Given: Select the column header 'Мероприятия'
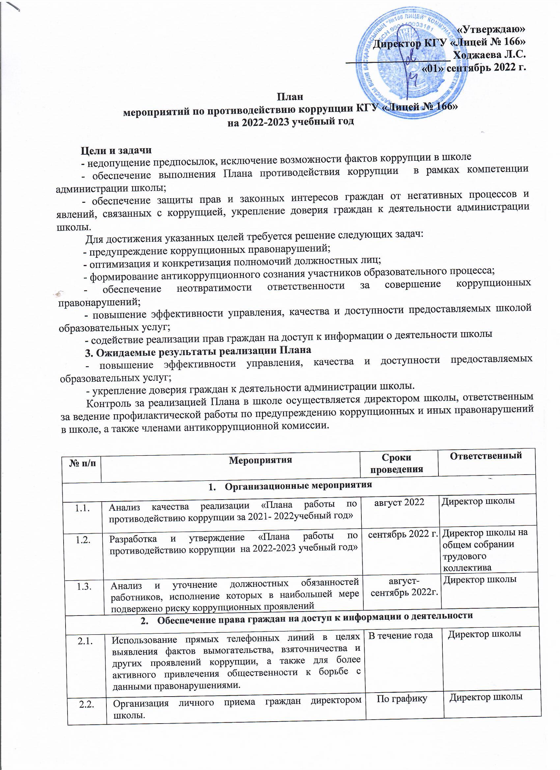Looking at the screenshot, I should pos(261,460).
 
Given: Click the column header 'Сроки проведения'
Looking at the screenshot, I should pos(396,463).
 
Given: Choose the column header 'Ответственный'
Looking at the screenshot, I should pos(486,456).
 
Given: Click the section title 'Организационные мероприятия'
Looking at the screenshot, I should pos(298,485).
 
